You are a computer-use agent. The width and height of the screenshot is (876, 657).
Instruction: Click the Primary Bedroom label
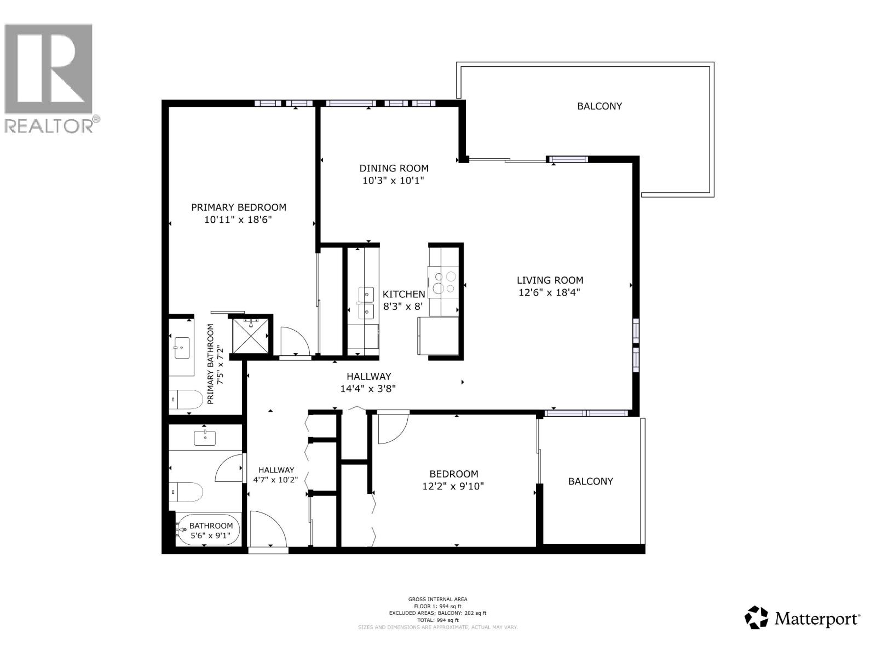(238, 208)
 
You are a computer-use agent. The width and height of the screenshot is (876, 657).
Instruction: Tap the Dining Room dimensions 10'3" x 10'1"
(393, 181)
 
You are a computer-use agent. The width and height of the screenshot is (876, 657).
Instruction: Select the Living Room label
(550, 280)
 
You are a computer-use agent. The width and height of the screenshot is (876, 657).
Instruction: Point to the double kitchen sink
(366, 303)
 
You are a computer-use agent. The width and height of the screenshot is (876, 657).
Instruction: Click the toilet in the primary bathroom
(181, 399)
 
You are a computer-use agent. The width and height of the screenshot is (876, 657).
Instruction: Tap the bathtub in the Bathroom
(208, 529)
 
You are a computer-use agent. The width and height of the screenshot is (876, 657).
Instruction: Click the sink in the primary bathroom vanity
(181, 347)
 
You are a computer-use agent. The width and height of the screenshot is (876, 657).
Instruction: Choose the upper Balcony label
(600, 106)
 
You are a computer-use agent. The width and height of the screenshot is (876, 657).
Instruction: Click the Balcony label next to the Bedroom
(590, 481)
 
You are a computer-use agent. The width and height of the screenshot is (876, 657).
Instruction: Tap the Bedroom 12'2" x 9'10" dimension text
(453, 486)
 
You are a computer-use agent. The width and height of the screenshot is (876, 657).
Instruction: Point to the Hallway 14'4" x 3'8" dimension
(368, 389)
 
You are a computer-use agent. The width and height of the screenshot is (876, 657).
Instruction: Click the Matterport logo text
(816, 619)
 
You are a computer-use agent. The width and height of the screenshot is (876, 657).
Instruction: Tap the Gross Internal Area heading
(437, 599)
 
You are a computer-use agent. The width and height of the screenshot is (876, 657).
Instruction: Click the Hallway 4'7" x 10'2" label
(276, 475)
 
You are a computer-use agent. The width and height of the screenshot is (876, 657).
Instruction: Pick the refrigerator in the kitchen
(438, 335)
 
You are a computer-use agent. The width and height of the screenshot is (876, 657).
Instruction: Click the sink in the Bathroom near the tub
(205, 438)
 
